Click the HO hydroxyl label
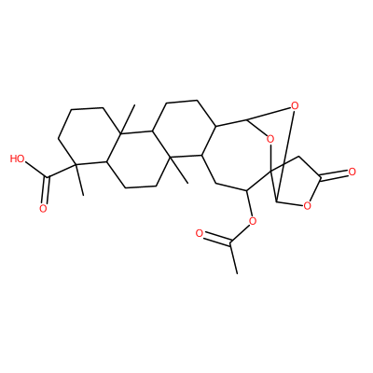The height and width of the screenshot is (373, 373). point(18,159)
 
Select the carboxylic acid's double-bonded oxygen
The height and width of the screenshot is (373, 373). point(43,209)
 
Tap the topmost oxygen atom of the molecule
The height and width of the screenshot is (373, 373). point(295,106)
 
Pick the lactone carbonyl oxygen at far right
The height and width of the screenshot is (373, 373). point(352,172)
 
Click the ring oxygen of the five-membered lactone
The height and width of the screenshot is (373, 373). point(307,205)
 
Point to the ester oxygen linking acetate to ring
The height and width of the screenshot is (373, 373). point(253,221)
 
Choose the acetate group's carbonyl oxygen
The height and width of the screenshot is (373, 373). point(200,233)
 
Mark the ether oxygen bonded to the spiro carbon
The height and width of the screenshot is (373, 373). point(270,139)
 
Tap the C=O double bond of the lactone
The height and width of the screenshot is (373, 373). point(335,175)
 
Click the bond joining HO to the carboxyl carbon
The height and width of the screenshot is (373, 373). point(36,170)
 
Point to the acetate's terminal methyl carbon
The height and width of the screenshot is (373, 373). point(237,274)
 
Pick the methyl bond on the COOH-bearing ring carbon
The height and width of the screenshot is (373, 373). point(79,180)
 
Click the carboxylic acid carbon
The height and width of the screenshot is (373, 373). point(48,177)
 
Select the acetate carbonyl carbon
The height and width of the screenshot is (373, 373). point(230,243)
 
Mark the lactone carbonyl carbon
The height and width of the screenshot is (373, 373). point(321,179)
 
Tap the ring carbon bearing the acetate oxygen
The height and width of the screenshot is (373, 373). point(246,190)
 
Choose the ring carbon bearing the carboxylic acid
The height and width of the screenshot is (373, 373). point(75,164)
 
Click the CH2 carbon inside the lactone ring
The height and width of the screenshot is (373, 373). point(297,157)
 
